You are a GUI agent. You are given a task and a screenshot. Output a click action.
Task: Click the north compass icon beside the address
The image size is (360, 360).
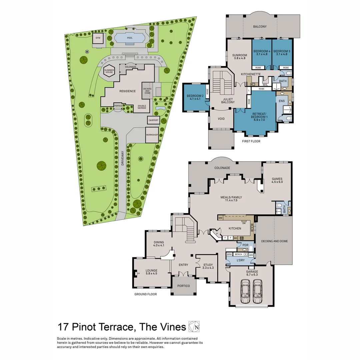(194, 327)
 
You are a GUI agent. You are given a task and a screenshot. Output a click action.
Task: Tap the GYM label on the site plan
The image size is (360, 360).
(98, 38)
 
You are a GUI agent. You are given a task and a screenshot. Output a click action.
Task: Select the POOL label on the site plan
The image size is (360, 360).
(130, 38)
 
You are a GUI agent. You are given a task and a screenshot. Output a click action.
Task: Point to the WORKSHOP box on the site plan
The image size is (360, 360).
(152, 135)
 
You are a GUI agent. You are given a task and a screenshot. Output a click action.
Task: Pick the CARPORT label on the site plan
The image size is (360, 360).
(153, 120)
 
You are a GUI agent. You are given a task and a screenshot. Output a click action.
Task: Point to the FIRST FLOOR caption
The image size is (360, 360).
(251, 141)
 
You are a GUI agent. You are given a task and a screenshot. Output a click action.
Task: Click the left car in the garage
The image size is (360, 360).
(245, 291)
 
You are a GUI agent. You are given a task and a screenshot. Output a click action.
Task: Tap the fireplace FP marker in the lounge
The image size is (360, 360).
(138, 274)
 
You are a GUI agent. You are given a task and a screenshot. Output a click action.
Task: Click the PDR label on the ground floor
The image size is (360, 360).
(245, 245)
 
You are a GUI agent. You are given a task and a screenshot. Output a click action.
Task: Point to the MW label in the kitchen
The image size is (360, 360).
(220, 218)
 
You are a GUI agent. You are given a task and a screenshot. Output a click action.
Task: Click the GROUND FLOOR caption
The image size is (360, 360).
(145, 294)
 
